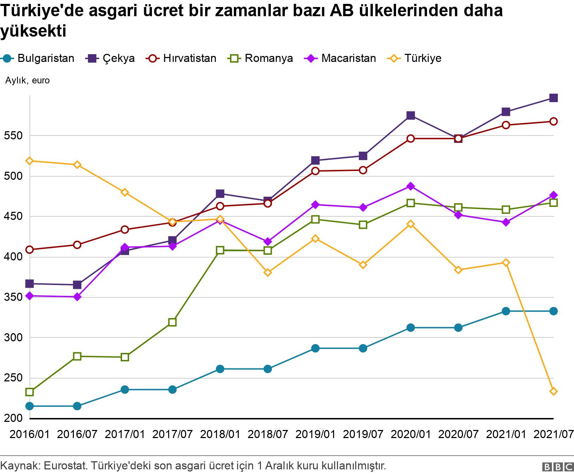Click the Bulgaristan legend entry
pyautogui.click(x=39, y=58)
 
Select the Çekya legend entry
pyautogui.click(x=111, y=58)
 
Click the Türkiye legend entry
pyautogui.click(x=415, y=58)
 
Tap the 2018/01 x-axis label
pyautogui.click(x=220, y=434)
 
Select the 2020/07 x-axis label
pyautogui.click(x=458, y=434)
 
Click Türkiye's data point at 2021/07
pyautogui.click(x=553, y=392)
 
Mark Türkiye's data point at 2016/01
pyautogui.click(x=30, y=161)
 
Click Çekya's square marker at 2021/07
pyautogui.click(x=553, y=98)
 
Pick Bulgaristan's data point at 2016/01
pyautogui.click(x=30, y=406)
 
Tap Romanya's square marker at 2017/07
pyautogui.click(x=172, y=322)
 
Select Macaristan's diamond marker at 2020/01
pyautogui.click(x=410, y=186)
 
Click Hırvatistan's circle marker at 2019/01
pyautogui.click(x=315, y=171)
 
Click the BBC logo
pyautogui.click(x=557, y=467)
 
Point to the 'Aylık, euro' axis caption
pyautogui.click(x=27, y=81)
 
